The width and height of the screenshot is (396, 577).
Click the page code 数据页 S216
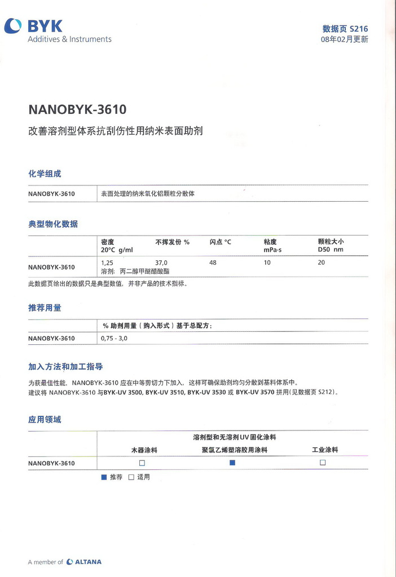click(345, 29)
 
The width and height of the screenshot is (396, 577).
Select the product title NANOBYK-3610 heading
click(77, 110)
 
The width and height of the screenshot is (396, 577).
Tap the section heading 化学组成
click(45, 174)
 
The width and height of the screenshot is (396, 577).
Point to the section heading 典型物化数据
click(53, 224)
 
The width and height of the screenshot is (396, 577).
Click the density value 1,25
click(107, 263)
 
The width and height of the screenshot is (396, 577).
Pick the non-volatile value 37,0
click(161, 263)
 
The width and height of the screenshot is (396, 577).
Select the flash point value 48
click(213, 263)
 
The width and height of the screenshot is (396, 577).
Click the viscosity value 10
click(267, 263)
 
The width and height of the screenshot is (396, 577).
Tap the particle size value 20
click(321, 263)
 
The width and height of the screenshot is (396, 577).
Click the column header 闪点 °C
click(221, 242)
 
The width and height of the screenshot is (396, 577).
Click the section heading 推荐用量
click(45, 308)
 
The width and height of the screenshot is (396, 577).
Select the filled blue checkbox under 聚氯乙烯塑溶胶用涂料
click(232, 463)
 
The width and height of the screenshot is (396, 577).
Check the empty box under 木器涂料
click(142, 463)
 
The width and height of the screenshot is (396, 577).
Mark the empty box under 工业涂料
click(323, 463)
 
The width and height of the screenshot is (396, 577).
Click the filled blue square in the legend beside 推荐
click(104, 477)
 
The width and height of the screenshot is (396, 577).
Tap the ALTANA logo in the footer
click(84, 562)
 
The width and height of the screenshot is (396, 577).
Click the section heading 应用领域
click(45, 420)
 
